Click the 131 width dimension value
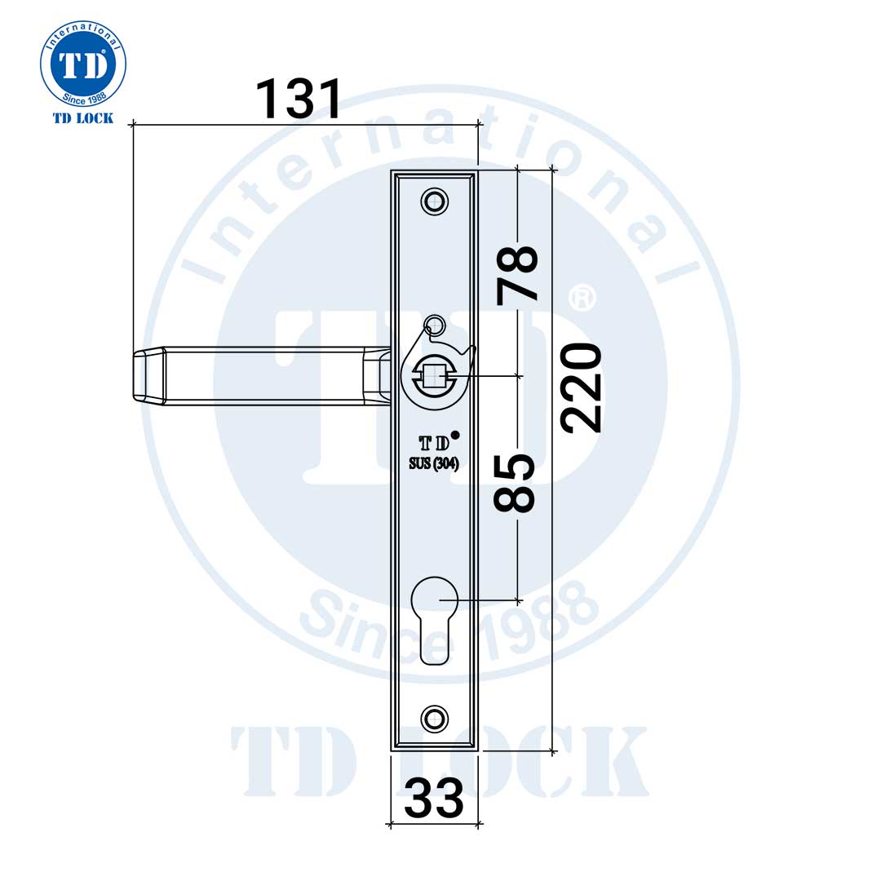click(298, 100)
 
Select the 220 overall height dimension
click(582, 387)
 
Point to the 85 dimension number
click(515, 483)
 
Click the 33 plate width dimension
click(433, 798)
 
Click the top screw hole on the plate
click(434, 201)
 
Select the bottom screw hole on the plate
click(434, 718)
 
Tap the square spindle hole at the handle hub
click(434, 376)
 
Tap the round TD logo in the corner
click(83, 65)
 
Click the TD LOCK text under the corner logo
click(83, 118)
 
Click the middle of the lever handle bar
click(261, 375)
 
